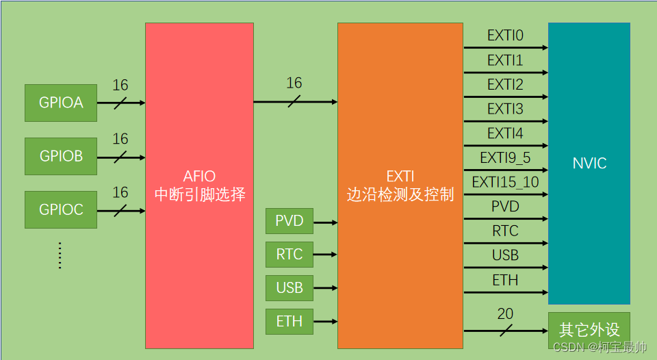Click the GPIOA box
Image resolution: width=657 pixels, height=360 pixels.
[60, 103]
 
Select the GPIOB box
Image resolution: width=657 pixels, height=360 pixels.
[60, 156]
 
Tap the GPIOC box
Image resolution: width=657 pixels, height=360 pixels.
[60, 209]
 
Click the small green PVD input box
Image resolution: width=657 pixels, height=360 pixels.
[289, 221]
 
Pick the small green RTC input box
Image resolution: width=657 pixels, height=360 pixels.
[289, 255]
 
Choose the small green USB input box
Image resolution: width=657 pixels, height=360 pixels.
[289, 287]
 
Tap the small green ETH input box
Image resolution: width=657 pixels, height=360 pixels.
[289, 321]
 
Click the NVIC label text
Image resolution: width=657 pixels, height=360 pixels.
[589, 164]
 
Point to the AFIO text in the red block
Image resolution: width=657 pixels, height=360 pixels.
[199, 177]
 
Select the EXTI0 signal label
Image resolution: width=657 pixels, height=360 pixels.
[505, 36]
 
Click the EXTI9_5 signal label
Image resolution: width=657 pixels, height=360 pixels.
[505, 158]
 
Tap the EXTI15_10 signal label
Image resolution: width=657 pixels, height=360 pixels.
[505, 182]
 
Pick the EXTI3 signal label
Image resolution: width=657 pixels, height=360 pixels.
[505, 109]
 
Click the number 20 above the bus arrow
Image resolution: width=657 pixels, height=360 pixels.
[505, 314]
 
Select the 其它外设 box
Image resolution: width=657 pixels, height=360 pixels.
[589, 330]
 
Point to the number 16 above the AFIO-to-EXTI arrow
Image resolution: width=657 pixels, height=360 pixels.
[294, 83]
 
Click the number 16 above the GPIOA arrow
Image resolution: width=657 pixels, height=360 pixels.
[120, 86]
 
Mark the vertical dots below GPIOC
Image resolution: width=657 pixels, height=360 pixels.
[60, 255]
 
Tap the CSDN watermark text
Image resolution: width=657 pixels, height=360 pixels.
[600, 347]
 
